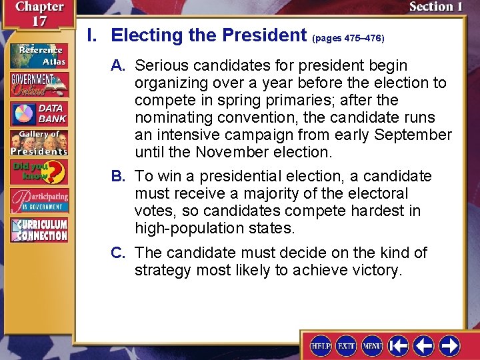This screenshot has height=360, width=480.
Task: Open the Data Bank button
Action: pos(39,114)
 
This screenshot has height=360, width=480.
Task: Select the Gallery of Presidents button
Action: pos(39,143)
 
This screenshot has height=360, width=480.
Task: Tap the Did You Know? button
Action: pos(39,171)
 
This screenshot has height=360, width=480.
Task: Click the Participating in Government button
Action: pos(39,200)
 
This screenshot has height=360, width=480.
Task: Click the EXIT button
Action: pos(347,345)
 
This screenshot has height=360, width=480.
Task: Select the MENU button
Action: pos(372,345)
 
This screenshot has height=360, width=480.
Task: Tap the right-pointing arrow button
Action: pos(449,345)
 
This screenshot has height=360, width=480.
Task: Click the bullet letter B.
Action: pos(119,177)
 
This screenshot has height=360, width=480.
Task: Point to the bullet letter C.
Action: pos(119,253)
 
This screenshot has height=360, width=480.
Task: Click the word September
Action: pos(413,135)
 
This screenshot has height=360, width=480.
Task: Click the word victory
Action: pos(377,271)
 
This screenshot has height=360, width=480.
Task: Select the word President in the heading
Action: pos(264,35)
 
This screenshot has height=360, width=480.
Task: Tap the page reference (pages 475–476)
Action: pos(348,38)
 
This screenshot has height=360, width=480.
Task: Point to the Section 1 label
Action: pos(435,7)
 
